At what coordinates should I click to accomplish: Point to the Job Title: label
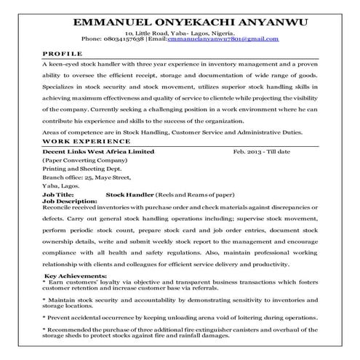click(x=58, y=196)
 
